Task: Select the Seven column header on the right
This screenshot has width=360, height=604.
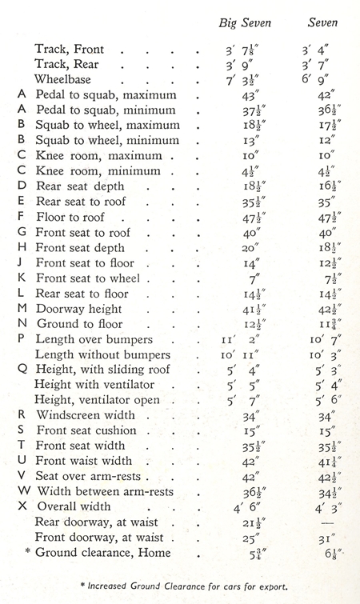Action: pyautogui.click(x=322, y=22)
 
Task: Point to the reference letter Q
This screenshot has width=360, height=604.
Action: pyautogui.click(x=22, y=369)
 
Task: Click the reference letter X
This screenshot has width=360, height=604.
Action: pyautogui.click(x=22, y=506)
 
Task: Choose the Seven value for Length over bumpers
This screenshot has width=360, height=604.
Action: pyautogui.click(x=322, y=340)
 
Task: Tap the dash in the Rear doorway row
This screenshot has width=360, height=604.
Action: pyautogui.click(x=324, y=522)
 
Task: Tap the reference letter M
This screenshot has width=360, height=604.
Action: pyautogui.click(x=22, y=308)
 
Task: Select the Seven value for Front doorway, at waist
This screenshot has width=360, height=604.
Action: pyautogui.click(x=322, y=537)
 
